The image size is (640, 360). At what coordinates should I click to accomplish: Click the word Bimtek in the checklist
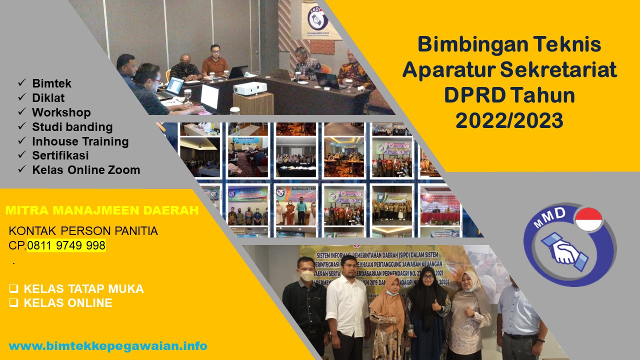click(x=51, y=83)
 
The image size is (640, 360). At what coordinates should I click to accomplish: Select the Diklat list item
click(x=48, y=98)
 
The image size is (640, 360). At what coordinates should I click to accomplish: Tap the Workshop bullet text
click(x=61, y=112)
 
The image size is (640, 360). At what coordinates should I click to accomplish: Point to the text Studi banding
click(x=72, y=127)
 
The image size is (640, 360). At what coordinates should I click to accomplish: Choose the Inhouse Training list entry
click(x=80, y=141)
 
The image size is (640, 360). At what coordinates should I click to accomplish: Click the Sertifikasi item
click(x=60, y=155)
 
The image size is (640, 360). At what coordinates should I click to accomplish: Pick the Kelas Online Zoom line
click(x=86, y=170)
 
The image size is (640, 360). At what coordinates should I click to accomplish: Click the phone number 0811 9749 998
click(x=66, y=245)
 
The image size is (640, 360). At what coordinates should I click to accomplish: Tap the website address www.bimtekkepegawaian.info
click(x=108, y=346)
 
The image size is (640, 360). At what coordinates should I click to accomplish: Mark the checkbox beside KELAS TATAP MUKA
click(x=13, y=289)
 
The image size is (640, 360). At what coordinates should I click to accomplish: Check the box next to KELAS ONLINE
click(x=13, y=303)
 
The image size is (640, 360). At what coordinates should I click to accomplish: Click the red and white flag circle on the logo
click(x=588, y=219)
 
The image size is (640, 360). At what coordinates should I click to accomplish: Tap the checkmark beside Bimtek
click(x=22, y=83)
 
